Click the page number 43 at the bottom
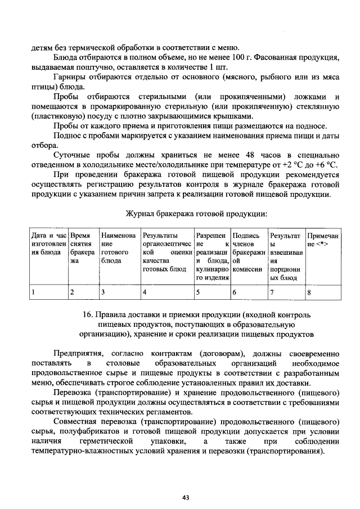(185, 497)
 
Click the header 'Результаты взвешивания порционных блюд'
(286, 256)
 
